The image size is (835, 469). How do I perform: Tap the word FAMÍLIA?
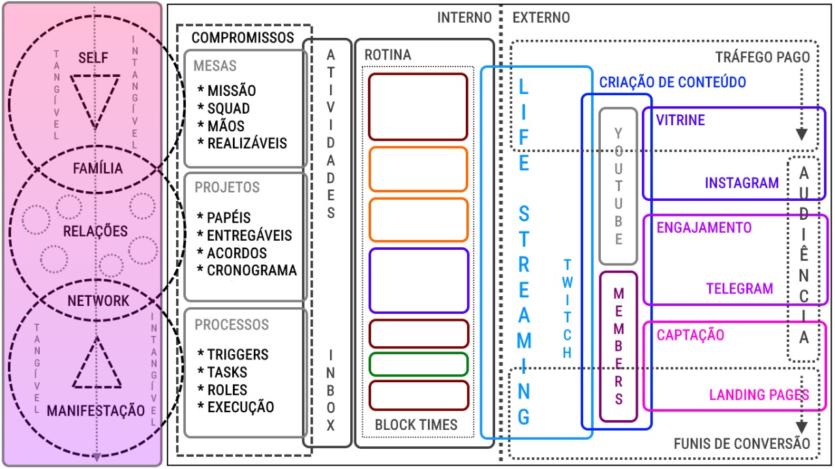tap(97, 169)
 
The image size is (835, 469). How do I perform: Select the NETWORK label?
tap(99, 301)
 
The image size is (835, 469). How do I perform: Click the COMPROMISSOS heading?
tap(243, 38)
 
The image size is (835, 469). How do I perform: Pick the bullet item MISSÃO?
tap(231, 91)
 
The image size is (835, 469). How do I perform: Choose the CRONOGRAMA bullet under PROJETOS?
tap(251, 270)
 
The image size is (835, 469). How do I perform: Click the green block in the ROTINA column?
tap(418, 364)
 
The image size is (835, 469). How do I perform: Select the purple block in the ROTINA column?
tap(418, 280)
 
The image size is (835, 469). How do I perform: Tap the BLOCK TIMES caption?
tap(416, 425)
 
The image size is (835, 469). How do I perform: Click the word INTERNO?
tap(464, 18)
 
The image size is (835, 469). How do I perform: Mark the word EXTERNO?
tap(541, 18)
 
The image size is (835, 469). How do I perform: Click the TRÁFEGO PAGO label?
tap(763, 57)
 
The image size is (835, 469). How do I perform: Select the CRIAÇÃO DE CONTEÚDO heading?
tap(673, 83)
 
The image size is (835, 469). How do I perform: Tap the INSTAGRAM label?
tap(742, 183)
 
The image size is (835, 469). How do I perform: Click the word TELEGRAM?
tap(740, 288)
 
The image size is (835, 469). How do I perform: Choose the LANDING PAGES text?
tap(759, 395)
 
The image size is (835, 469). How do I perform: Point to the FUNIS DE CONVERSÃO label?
tap(741, 444)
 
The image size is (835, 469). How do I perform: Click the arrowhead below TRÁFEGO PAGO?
tap(802, 135)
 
